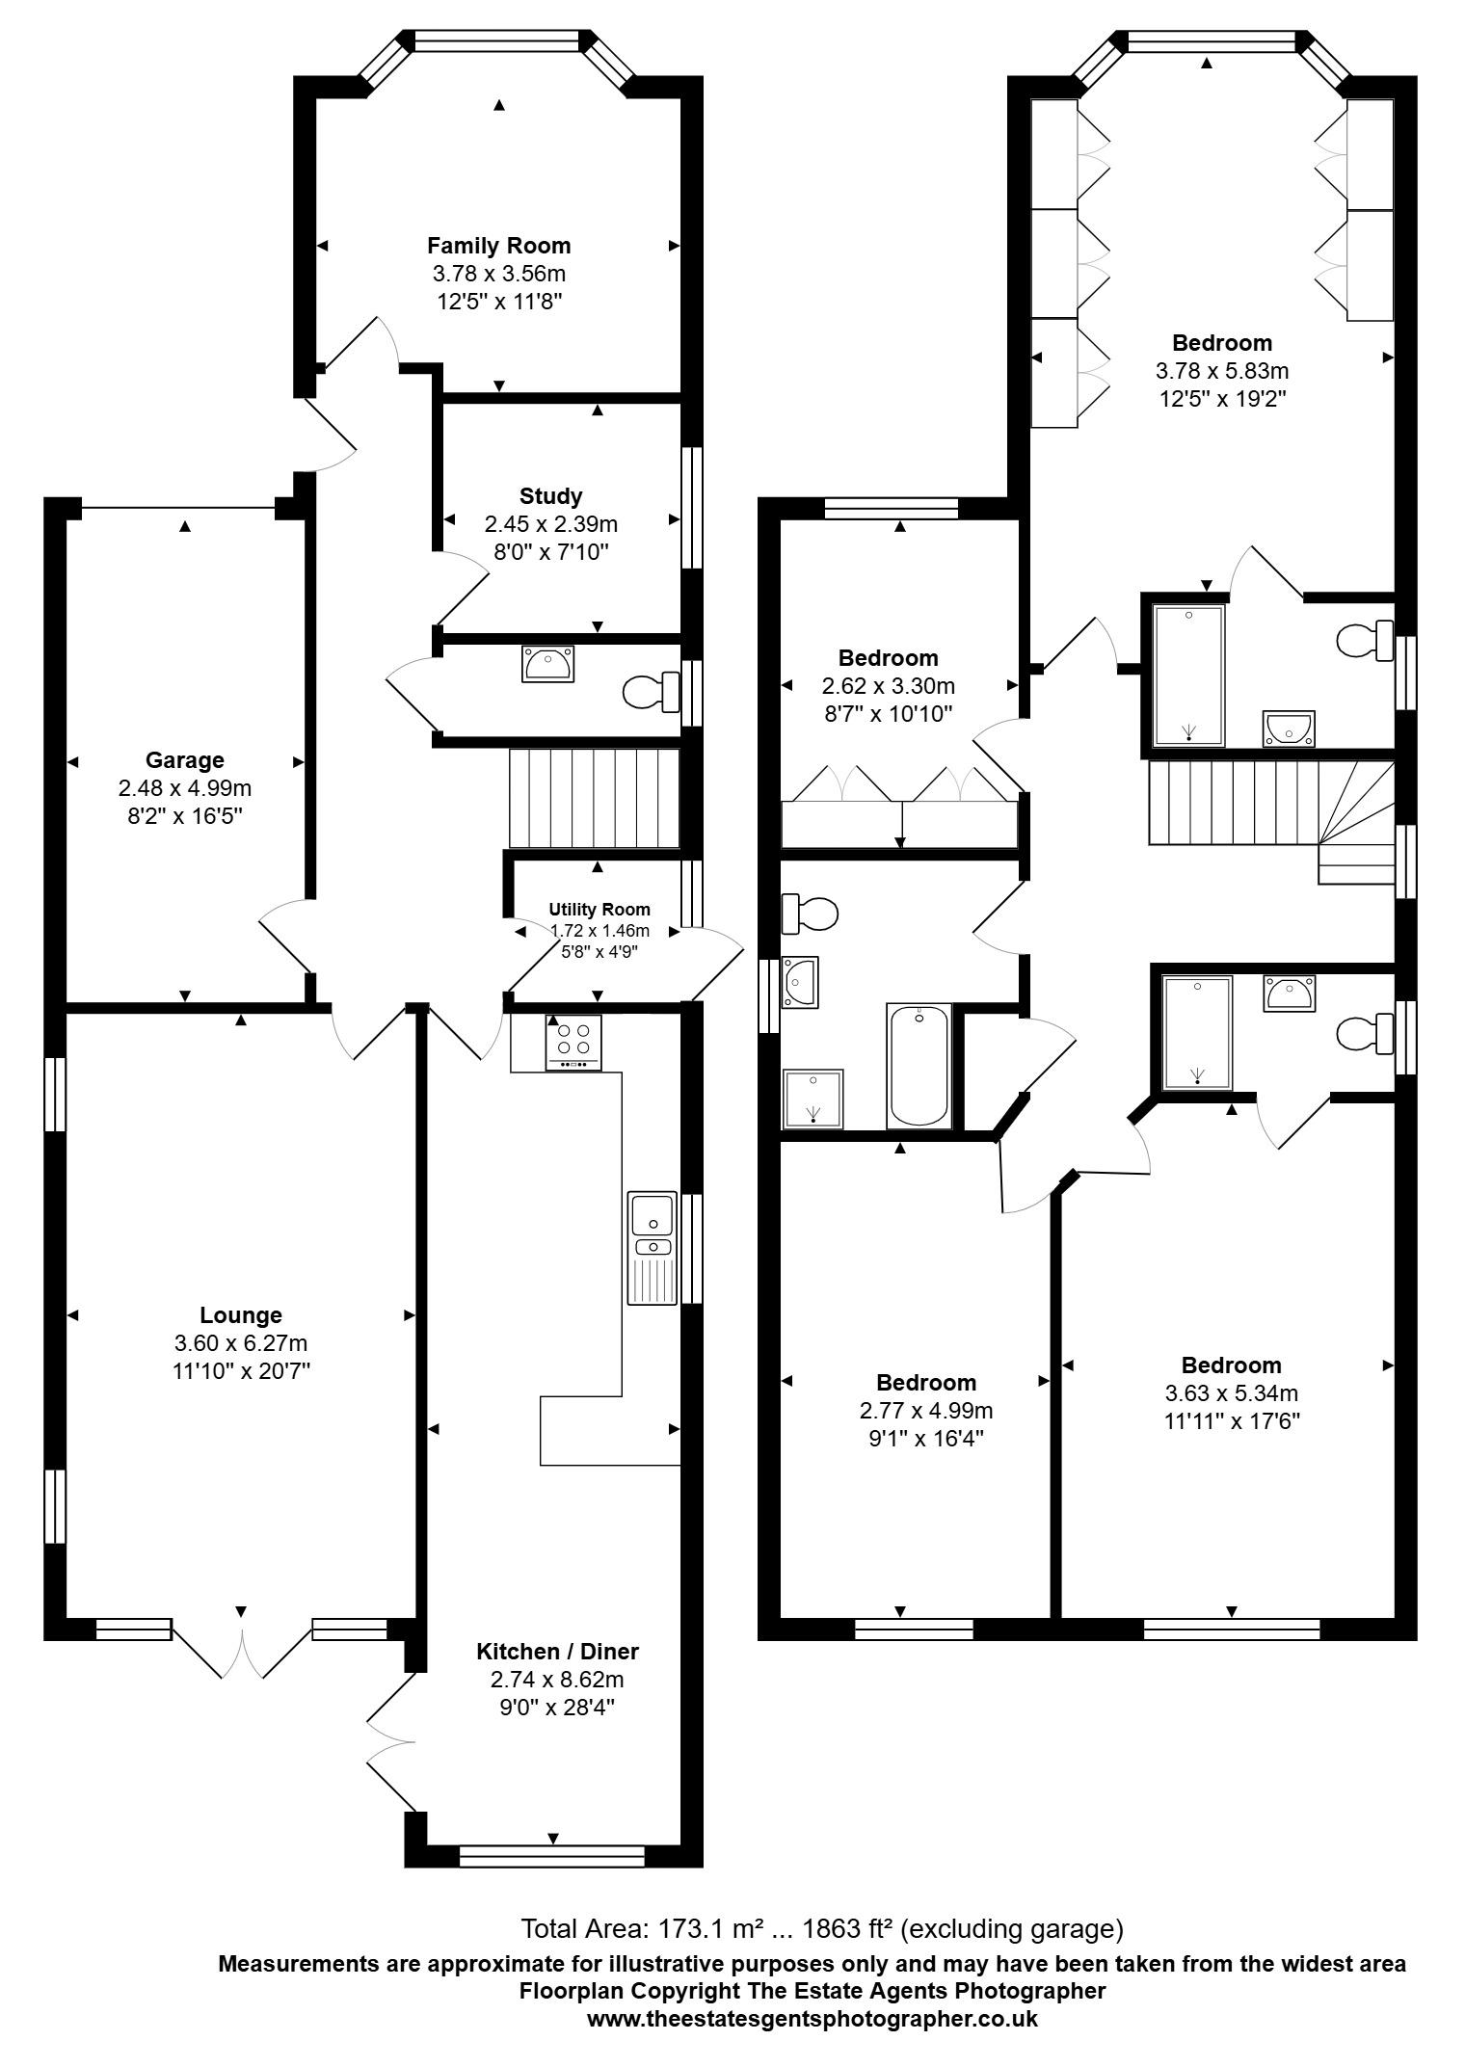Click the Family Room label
pyautogui.click(x=498, y=246)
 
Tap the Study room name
pyautogui.click(x=550, y=496)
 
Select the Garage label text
pyautogui.click(x=184, y=760)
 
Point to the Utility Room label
pyautogui.click(x=599, y=909)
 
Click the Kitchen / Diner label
pyautogui.click(x=557, y=1652)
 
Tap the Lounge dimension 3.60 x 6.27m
pyautogui.click(x=241, y=1343)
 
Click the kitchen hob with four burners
pyautogui.click(x=573, y=1042)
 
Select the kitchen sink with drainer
pyautogui.click(x=653, y=1248)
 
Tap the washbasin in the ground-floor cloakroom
pyautogui.click(x=548, y=664)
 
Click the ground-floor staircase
pyautogui.click(x=595, y=799)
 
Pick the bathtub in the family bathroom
pyautogui.click(x=919, y=1066)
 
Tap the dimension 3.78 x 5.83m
pyautogui.click(x=1222, y=371)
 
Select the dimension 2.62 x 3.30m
pyautogui.click(x=888, y=686)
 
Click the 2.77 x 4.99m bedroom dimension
pyautogui.click(x=926, y=1411)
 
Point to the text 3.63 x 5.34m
pyautogui.click(x=1232, y=1393)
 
